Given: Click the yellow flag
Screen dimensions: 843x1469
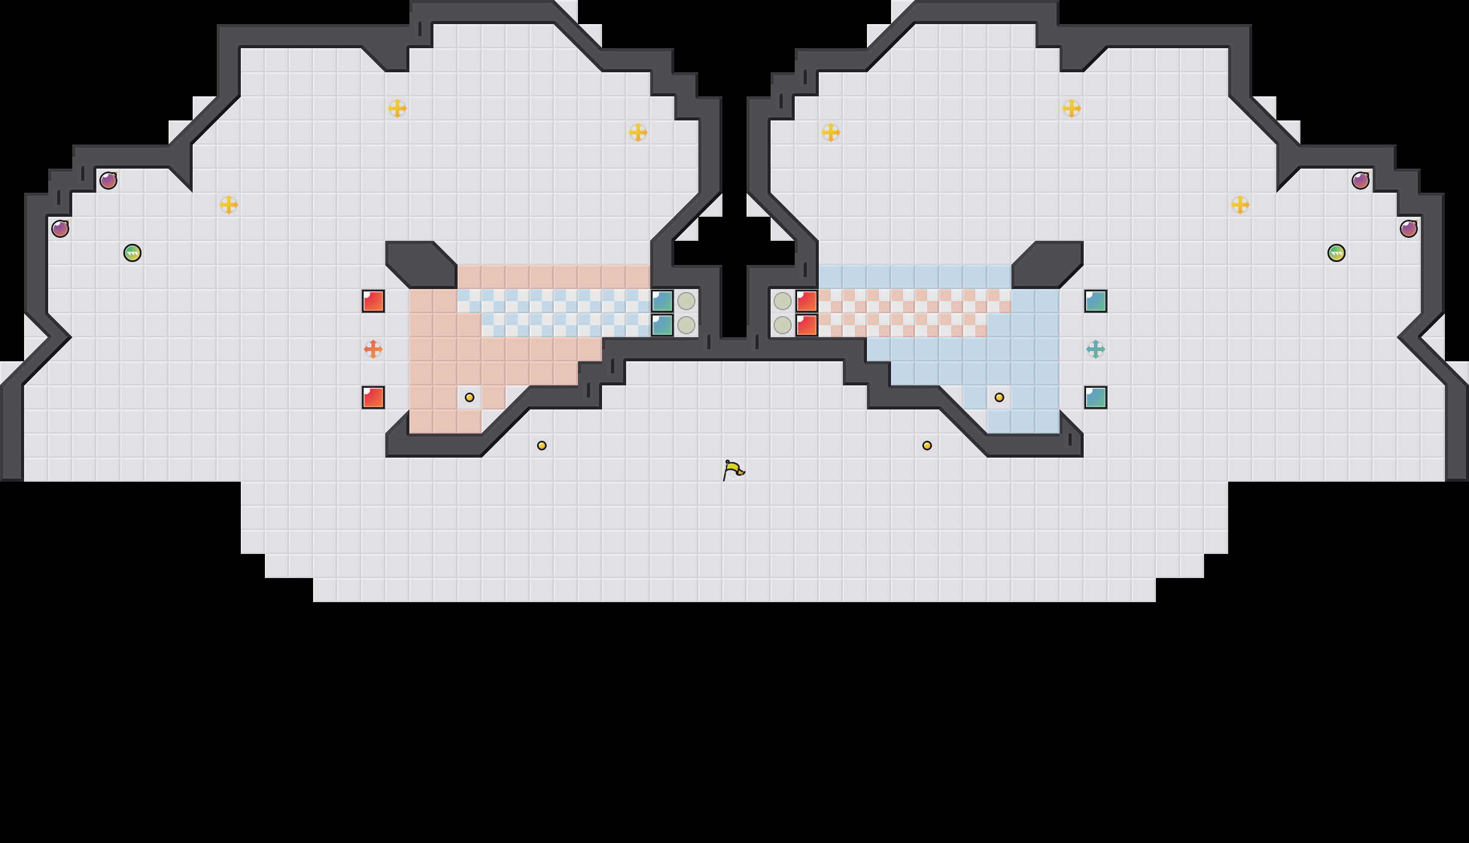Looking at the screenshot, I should tap(733, 470).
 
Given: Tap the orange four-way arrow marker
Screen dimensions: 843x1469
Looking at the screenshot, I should tap(373, 349).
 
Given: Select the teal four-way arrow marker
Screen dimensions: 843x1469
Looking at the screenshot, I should tap(1096, 349).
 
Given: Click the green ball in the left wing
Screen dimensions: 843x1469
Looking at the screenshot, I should tap(132, 253).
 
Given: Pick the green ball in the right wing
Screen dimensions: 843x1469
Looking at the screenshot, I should tap(1337, 253).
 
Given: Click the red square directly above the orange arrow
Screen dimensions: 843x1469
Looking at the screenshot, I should tap(373, 301).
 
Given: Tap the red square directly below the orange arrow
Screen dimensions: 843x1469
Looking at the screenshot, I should tap(373, 397).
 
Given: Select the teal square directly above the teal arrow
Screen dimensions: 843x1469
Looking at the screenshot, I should tap(1096, 301).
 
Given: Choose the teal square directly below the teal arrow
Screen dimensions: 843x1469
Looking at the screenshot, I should tap(1096, 397).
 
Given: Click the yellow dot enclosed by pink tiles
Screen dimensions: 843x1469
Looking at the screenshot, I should tap(470, 397).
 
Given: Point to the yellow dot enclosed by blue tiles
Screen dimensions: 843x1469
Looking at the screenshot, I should tap(999, 397).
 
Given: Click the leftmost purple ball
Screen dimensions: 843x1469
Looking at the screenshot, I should tap(60, 229).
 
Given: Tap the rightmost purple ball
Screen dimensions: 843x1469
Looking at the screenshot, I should tap(1409, 229).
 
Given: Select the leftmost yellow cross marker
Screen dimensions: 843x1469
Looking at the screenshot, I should tap(229, 205).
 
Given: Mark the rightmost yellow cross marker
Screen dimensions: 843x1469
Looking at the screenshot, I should tap(1240, 205).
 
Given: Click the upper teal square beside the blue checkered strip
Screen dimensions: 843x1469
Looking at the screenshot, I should tap(662, 301).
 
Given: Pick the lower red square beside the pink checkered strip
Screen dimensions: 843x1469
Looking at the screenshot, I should tap(807, 325).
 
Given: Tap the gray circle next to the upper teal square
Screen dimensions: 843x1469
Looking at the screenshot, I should tap(686, 301).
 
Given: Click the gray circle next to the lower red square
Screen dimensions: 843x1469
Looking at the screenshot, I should tap(783, 325).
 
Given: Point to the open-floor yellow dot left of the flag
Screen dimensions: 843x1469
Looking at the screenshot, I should tap(542, 446).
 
